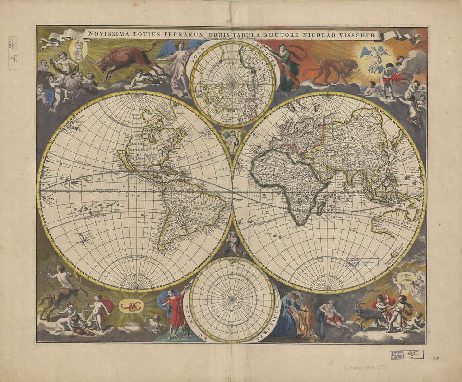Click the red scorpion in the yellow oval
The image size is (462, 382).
tap(132, 307)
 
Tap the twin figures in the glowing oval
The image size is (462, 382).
tap(79, 50)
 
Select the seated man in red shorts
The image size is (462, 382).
tap(333, 316)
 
